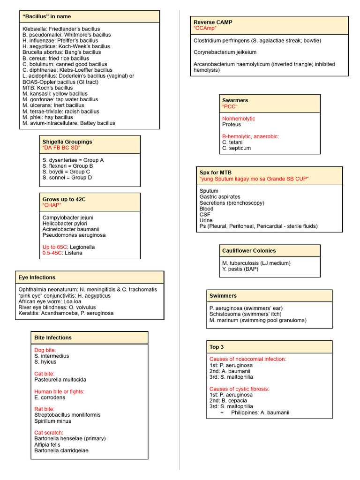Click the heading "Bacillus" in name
point(46,16)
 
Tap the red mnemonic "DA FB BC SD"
point(61,148)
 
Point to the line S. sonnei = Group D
point(67,178)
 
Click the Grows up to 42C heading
point(64,199)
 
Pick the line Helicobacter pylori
point(65,224)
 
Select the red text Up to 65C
point(55,247)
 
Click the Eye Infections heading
point(37,277)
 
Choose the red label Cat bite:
point(45,374)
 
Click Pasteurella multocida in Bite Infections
point(60,380)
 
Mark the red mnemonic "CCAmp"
point(206,29)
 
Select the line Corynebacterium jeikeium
point(225,52)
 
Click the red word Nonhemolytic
point(239,119)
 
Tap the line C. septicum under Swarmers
point(236,148)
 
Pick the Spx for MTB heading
point(215,172)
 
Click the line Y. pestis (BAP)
point(240,269)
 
